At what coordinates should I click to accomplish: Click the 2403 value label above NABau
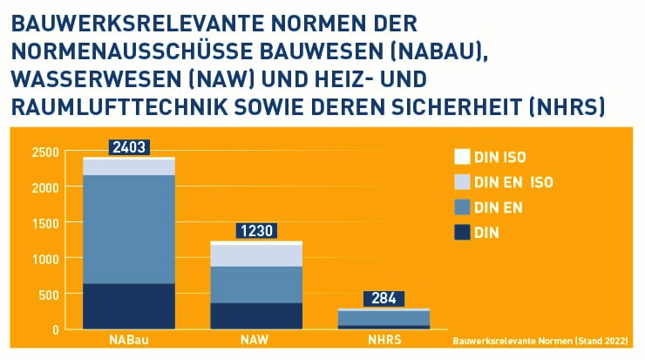click(x=129, y=147)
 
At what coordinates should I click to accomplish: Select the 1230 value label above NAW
click(x=256, y=231)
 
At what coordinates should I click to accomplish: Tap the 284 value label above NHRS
click(x=383, y=298)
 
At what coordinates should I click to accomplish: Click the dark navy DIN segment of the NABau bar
click(x=129, y=306)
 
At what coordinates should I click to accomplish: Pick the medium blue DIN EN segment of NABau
click(x=129, y=229)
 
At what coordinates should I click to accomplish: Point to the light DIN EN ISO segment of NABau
click(x=129, y=166)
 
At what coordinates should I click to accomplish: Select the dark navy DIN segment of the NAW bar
click(x=256, y=316)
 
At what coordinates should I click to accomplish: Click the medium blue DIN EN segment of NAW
click(x=256, y=284)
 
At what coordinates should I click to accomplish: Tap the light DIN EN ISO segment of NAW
click(x=256, y=255)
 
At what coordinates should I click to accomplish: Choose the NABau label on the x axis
click(x=129, y=340)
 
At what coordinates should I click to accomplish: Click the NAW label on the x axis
click(x=256, y=340)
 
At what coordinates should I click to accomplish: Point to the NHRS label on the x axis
click(x=383, y=340)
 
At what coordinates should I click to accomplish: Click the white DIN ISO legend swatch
click(x=462, y=158)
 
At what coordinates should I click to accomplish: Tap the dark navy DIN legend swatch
click(x=462, y=232)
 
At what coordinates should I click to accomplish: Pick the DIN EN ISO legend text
click(x=514, y=182)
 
